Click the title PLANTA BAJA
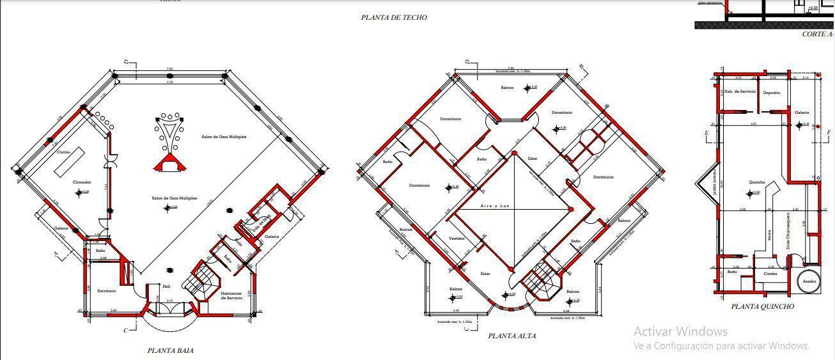click(x=170, y=350)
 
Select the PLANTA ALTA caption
click(x=511, y=336)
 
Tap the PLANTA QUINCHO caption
click(x=763, y=306)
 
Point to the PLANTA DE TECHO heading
click(x=393, y=18)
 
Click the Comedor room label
click(x=82, y=182)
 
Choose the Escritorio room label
click(x=107, y=291)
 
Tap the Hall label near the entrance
click(x=166, y=286)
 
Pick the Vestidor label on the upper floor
click(x=457, y=239)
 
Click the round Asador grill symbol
click(x=810, y=281)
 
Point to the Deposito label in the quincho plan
click(x=771, y=93)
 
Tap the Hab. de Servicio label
click(x=740, y=91)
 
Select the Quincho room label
click(x=756, y=182)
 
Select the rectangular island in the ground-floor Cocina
click(x=70, y=161)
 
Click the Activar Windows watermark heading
click(x=680, y=331)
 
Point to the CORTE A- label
click(x=817, y=35)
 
